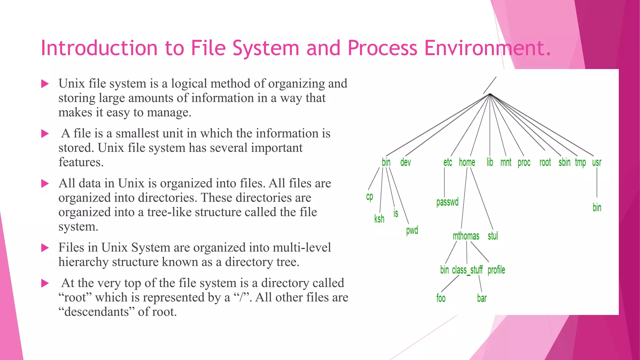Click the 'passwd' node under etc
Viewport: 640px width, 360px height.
point(447,202)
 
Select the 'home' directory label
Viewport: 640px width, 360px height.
point(467,162)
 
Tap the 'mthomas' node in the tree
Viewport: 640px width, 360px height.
point(466,236)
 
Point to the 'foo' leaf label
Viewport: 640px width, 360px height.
point(441,298)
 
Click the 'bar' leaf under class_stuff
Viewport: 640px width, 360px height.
point(482,298)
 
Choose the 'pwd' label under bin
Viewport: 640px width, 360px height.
point(412,231)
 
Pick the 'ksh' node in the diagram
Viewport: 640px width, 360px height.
point(379,219)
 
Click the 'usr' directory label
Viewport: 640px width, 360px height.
point(597,162)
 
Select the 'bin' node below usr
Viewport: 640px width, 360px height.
point(597,207)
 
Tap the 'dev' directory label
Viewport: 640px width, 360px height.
point(405,162)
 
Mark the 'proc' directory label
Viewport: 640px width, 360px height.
point(524,162)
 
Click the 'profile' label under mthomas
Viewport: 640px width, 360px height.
point(496,270)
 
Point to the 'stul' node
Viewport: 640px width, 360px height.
point(492,236)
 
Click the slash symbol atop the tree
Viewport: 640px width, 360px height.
point(490,85)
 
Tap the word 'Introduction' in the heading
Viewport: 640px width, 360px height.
point(99,48)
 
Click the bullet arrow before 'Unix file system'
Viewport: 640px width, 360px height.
point(45,84)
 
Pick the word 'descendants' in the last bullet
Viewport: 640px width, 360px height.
point(97,312)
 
